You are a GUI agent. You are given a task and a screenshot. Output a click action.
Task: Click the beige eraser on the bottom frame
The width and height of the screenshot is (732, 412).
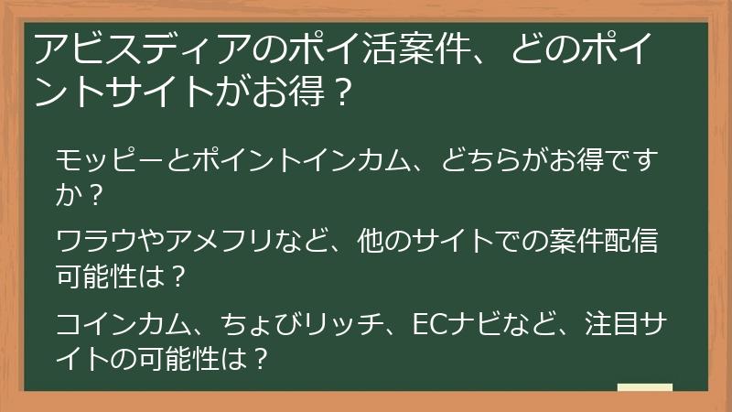[645, 388]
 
